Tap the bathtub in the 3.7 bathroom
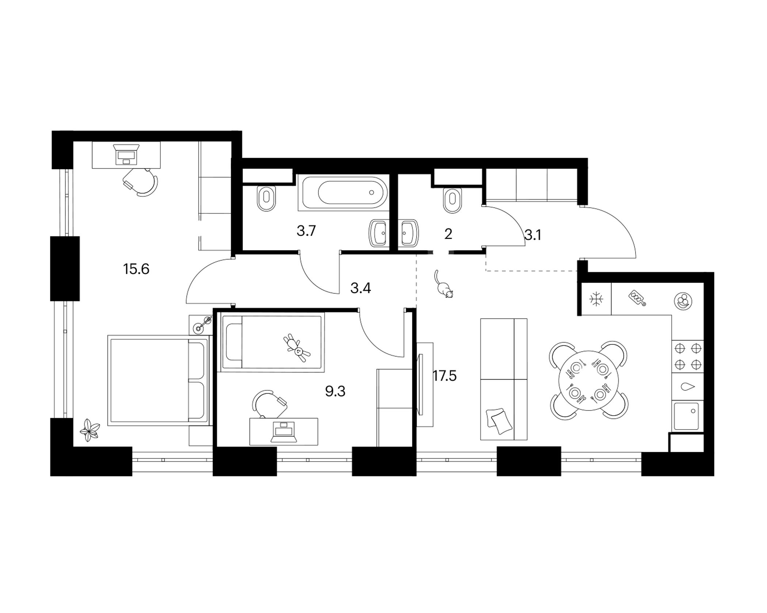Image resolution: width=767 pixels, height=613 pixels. click(343, 192)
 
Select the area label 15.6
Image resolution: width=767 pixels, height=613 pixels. click(136, 269)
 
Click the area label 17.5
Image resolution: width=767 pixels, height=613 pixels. click(445, 375)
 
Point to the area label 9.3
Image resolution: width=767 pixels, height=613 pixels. click(335, 391)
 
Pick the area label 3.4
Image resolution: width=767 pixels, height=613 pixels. click(360, 288)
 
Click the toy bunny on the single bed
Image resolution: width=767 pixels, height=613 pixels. click(297, 347)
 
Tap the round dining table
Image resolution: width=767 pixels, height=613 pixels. click(588, 380)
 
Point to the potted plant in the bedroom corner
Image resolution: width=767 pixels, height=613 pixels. click(90, 430)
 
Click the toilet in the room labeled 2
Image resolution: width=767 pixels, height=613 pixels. click(452, 200)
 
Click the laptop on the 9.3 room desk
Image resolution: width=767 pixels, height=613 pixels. click(283, 432)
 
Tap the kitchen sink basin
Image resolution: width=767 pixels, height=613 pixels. click(687, 416)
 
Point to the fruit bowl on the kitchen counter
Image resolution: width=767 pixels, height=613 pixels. click(683, 301)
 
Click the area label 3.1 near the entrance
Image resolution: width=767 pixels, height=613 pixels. click(533, 235)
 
